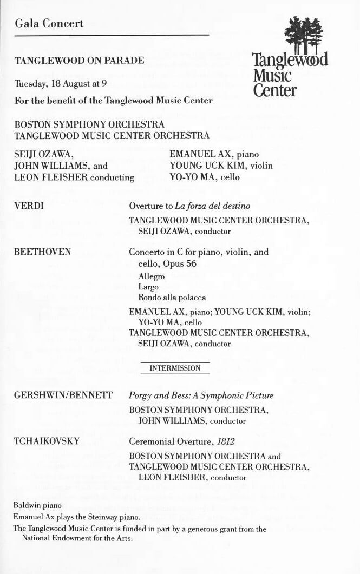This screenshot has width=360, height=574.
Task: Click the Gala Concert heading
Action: click(49, 23)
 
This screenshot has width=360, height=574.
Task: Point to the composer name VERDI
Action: click(29, 206)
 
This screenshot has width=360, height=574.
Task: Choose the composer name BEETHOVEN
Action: click(43, 252)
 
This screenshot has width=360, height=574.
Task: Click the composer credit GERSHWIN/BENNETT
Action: click(63, 395)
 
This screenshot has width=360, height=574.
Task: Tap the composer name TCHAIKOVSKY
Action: click(47, 441)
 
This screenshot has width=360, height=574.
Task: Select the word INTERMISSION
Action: click(175, 368)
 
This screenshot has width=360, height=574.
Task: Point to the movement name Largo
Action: click(148, 287)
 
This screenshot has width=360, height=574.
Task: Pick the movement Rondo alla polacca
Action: click(172, 298)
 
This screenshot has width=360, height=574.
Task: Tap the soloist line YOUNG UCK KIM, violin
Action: click(221, 165)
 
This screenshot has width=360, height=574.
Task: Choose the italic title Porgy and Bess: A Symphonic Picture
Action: click(201, 395)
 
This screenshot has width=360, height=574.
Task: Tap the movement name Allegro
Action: click(152, 276)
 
